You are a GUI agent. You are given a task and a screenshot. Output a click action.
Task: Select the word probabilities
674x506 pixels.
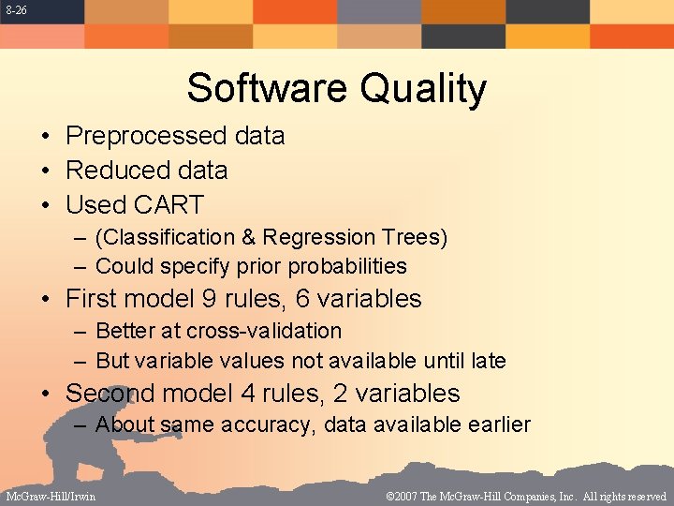[347, 267]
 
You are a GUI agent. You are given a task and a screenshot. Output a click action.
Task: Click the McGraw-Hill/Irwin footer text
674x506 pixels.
[51, 497]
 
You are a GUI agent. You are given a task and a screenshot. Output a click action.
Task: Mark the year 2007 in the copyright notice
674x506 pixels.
[410, 497]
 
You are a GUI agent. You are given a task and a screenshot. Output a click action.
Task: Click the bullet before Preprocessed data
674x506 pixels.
[45, 137]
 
